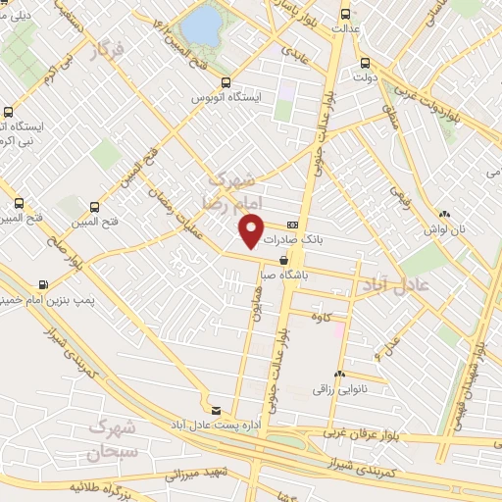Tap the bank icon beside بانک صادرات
click(292, 225)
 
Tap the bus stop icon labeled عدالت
click(345, 14)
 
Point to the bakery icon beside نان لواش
click(445, 214)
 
